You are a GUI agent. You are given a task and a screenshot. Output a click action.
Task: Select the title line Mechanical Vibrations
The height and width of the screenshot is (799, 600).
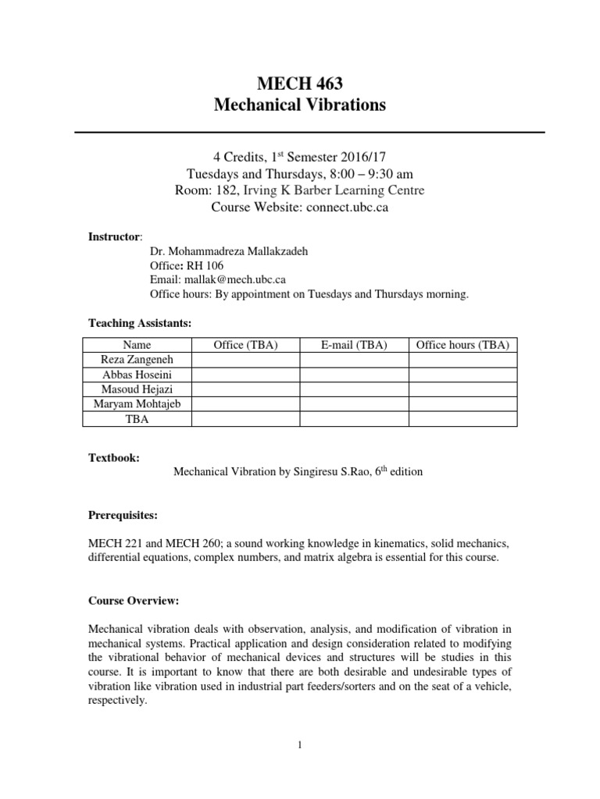coord(299,105)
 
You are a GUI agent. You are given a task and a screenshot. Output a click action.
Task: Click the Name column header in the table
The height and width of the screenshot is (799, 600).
coord(137,345)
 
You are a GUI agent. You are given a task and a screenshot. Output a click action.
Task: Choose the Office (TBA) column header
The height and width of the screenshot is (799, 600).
coord(245,345)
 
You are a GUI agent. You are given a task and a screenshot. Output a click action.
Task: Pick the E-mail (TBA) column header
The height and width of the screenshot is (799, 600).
coord(354,345)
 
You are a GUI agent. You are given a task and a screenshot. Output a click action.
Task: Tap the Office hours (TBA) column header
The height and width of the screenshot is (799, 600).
coord(462,345)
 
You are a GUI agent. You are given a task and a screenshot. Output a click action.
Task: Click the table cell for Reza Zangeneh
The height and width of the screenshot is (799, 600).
coord(137,360)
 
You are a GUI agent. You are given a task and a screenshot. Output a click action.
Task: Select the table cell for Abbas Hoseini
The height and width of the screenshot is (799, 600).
coord(137,375)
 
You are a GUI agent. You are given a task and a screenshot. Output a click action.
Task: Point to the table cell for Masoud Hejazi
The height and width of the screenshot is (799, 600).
coord(137,389)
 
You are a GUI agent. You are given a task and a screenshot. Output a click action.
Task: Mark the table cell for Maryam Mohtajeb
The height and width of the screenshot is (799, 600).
coord(137,404)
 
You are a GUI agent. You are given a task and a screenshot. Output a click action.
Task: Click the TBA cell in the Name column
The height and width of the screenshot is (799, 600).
coord(137,419)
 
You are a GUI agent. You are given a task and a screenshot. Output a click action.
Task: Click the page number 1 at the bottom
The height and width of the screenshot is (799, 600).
coord(299,745)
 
